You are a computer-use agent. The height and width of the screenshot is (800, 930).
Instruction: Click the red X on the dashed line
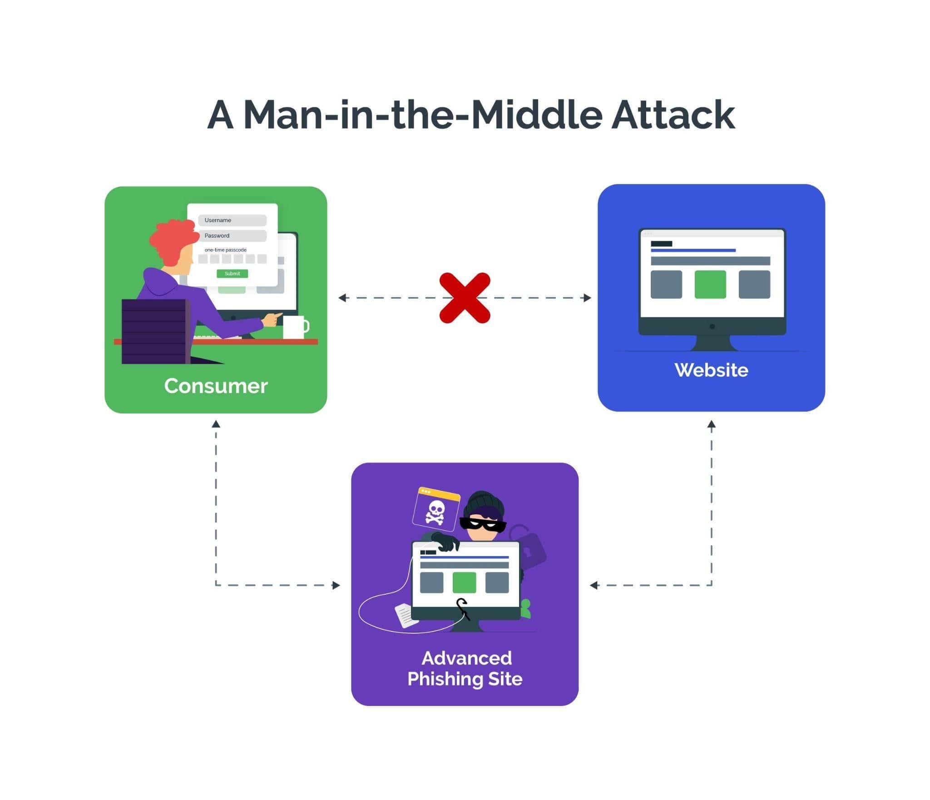point(465,298)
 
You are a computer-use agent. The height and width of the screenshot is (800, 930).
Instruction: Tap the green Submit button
point(232,273)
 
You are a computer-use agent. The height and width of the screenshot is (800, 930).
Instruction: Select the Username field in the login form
point(232,220)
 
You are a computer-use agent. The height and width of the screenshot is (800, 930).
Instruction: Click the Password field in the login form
point(232,236)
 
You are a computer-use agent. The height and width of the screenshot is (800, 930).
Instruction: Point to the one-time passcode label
point(225,250)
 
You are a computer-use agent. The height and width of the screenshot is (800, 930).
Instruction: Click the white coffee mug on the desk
point(294,327)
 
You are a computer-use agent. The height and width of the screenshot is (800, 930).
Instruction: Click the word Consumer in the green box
point(216,386)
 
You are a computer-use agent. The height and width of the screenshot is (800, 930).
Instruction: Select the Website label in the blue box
point(711,370)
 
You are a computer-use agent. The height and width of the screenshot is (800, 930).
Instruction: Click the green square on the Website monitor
point(710,284)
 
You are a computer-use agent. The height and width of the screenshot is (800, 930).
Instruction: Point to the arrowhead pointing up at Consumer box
point(216,424)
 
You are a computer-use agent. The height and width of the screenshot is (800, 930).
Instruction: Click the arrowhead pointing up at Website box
point(711,424)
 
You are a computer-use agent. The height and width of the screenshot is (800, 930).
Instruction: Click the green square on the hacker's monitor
point(464,582)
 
